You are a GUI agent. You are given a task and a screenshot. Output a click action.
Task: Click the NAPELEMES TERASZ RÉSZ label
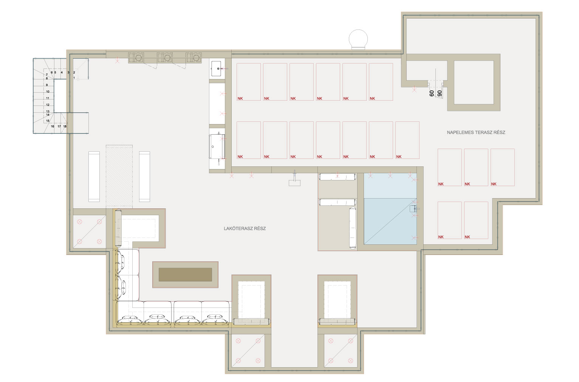[476, 132]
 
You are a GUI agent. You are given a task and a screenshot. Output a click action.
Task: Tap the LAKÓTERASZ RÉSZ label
[245, 228]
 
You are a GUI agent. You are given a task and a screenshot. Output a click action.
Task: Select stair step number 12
[48, 105]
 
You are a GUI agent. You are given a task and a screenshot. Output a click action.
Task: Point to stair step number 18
[65, 126]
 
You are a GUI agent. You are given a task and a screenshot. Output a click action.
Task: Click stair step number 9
[47, 85]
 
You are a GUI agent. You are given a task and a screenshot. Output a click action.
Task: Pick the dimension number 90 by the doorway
[440, 93]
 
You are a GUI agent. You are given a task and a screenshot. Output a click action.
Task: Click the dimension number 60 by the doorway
[432, 93]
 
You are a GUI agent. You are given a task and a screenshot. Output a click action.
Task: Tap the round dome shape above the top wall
[358, 39]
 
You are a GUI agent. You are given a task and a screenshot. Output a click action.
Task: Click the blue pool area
[390, 209]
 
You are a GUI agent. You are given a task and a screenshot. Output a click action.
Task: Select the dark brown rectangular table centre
[185, 275]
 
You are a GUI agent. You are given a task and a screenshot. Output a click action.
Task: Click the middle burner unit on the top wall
[165, 57]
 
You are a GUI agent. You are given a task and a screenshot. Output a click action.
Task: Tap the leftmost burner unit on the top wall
[136, 57]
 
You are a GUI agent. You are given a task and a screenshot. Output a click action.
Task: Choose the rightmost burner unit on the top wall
[194, 57]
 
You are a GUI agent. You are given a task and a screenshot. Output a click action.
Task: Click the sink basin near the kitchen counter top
[216, 68]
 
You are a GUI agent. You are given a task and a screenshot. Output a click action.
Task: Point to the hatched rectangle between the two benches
[119, 177]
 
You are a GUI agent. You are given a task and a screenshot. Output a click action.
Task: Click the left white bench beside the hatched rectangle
[94, 177]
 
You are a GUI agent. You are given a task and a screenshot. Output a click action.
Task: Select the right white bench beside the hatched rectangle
[144, 177]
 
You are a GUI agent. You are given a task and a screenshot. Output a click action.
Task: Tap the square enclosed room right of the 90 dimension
[474, 82]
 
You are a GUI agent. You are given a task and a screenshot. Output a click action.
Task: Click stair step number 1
[74, 78]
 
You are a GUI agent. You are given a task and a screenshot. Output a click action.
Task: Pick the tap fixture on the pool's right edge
[414, 209]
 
